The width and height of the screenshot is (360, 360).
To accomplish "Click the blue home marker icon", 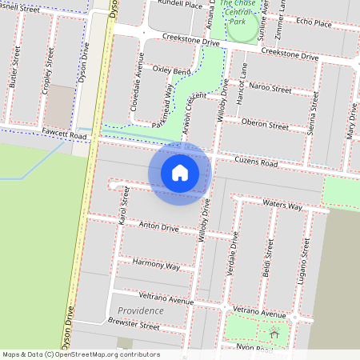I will [x=180, y=173].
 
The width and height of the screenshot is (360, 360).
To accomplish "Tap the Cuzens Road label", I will [x=256, y=162].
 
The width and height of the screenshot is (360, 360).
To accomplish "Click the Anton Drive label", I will [x=159, y=228].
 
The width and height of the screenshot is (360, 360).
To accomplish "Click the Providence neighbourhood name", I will [x=140, y=310].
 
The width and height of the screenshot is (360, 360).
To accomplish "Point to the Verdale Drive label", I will [x=234, y=252].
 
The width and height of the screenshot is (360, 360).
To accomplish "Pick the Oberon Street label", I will [x=265, y=126].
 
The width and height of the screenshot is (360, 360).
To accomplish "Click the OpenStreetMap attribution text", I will [x=81, y=354].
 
